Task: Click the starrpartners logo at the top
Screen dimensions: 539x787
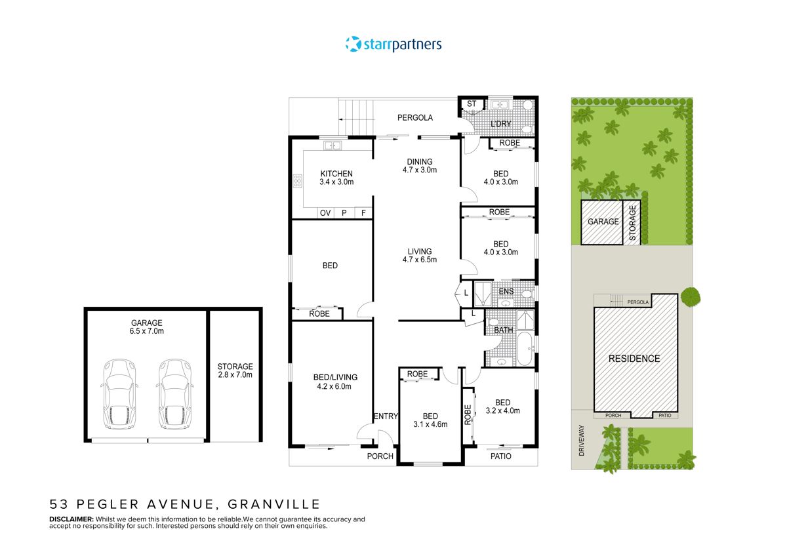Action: coord(393,45)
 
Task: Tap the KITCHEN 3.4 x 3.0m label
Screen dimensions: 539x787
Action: coord(336,178)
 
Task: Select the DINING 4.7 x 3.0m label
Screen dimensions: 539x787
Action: coord(419,166)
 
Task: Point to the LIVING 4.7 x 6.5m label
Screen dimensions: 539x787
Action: coord(419,255)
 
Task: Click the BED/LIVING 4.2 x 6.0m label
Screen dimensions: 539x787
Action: coord(334,382)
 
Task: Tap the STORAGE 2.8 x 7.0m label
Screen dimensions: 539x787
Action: coord(235,370)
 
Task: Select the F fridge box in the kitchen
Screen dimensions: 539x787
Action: coord(363,213)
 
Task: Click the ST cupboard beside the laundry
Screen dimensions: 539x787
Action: coord(471,104)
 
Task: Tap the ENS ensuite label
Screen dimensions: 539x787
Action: coord(506,292)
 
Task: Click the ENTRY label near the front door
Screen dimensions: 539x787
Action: coord(385,416)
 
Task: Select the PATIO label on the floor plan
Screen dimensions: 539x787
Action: coord(500,456)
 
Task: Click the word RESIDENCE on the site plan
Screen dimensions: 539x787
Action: coord(634,359)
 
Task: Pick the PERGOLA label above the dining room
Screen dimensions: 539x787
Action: coord(415,118)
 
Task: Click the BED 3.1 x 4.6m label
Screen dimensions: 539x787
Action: coord(430,420)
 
